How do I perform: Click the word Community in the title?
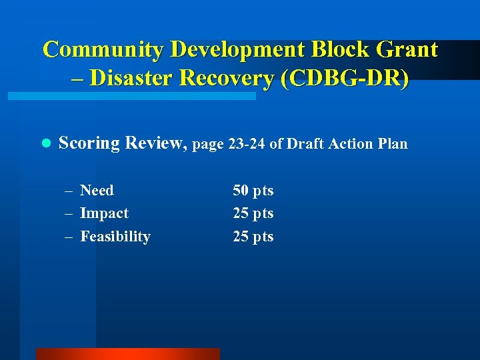(104, 49)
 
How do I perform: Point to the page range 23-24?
(247, 144)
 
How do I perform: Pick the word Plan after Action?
(393, 144)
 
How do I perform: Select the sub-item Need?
(97, 191)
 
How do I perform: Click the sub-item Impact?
(104, 213)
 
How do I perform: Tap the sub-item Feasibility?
(115, 237)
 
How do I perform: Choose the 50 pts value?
(253, 191)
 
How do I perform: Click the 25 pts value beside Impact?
(253, 213)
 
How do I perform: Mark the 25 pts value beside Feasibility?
(253, 237)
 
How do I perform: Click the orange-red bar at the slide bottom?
(127, 354)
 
